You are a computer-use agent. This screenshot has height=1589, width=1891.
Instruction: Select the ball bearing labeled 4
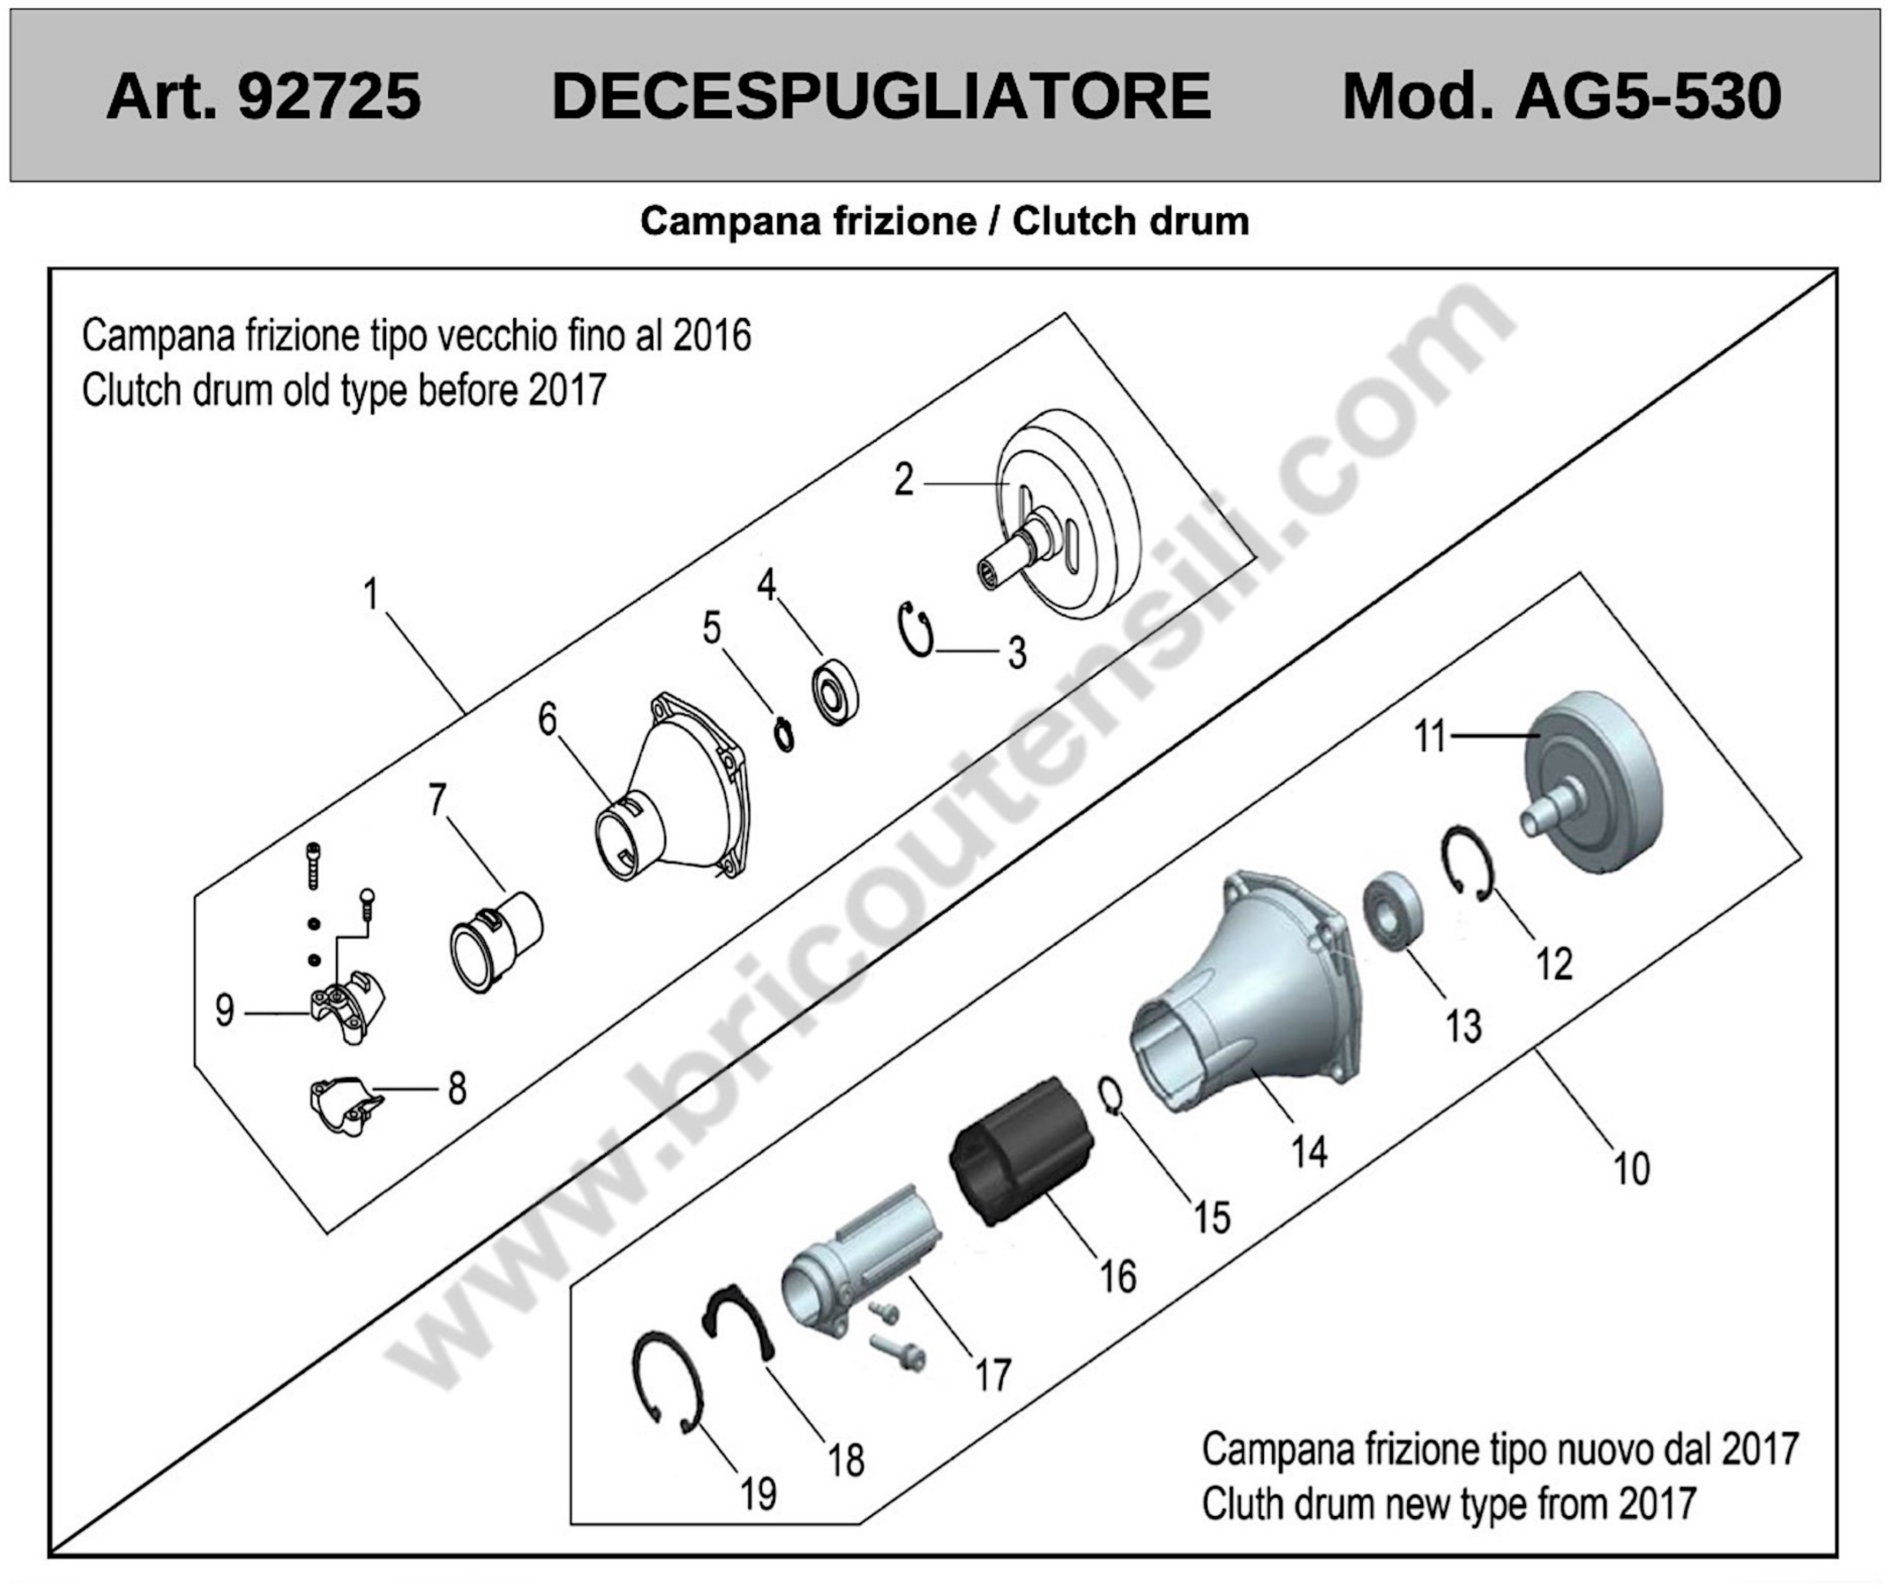835,694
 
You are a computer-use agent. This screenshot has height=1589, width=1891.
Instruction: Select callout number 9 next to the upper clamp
224,1010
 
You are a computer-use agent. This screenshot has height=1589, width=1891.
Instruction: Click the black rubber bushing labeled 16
1022,1151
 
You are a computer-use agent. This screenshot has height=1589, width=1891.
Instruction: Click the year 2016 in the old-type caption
711,336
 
